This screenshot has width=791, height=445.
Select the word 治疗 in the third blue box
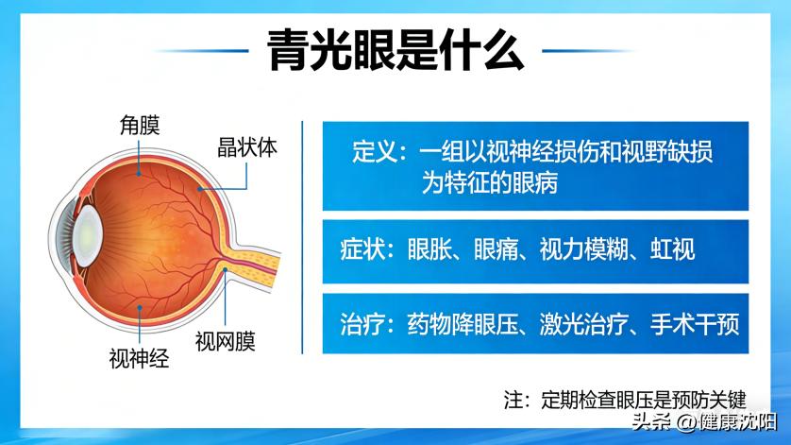click(x=363, y=324)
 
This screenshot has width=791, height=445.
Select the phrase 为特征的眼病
click(x=489, y=183)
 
